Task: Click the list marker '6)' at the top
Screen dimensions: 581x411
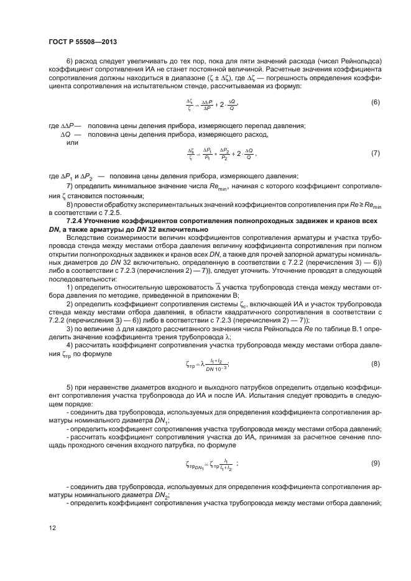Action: point(70,60)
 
